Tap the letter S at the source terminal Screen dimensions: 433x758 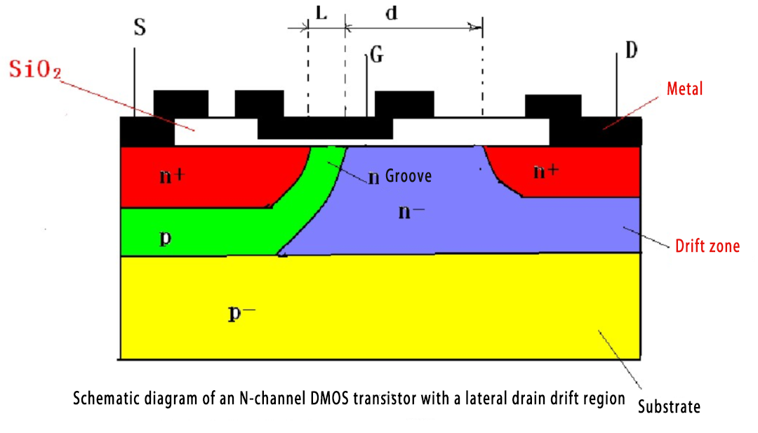pyautogui.click(x=139, y=28)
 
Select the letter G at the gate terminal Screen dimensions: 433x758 pyautogui.click(x=377, y=56)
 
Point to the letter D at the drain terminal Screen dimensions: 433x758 pyautogui.click(x=630, y=51)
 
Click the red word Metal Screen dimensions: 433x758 pyautogui.click(x=684, y=89)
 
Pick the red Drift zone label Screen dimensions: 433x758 pyautogui.click(x=707, y=246)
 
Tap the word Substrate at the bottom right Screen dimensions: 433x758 pyautogui.click(x=669, y=406)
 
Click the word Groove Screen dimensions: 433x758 pyautogui.click(x=408, y=177)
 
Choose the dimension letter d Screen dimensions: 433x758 pyautogui.click(x=392, y=13)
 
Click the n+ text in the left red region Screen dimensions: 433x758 pyautogui.click(x=172, y=176)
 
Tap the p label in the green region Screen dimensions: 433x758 pyautogui.click(x=165, y=237)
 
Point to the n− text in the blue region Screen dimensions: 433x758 pyautogui.click(x=411, y=211)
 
